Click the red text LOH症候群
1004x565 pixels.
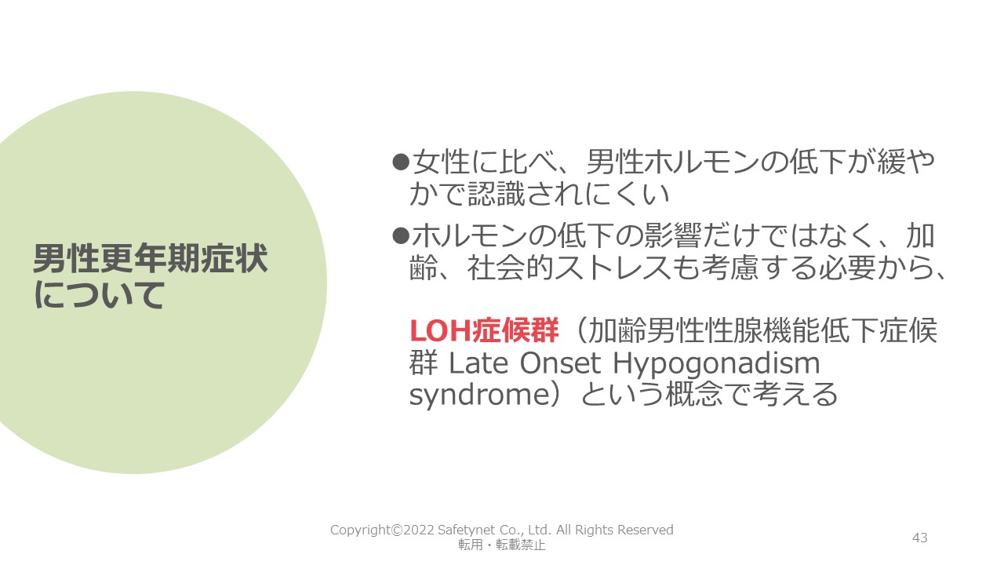[x=484, y=330]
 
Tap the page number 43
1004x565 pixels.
[x=920, y=538]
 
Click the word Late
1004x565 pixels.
[x=478, y=363]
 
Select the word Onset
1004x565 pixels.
[x=560, y=363]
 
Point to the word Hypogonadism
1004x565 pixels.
[x=716, y=366]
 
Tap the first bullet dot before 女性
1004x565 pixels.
[x=401, y=162]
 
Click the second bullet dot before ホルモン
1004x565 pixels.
[x=401, y=235]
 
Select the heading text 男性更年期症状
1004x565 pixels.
[x=151, y=259]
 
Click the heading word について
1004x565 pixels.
[x=99, y=295]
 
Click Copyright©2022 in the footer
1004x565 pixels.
[x=382, y=530]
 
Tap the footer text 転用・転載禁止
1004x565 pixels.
[x=501, y=545]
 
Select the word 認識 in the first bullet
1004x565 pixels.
[x=497, y=194]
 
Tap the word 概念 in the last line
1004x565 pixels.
[x=694, y=394]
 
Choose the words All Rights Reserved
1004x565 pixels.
[x=615, y=530]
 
